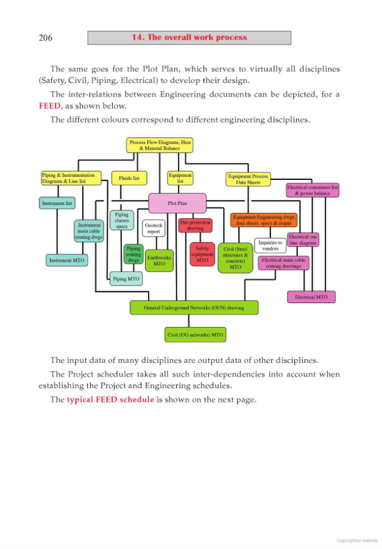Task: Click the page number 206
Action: pyautogui.click(x=45, y=38)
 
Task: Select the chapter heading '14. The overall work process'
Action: pyautogui.click(x=189, y=38)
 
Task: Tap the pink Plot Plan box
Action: pyautogui.click(x=177, y=203)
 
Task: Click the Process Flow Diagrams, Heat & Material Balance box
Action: pyautogui.click(x=160, y=145)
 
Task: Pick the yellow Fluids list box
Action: pyautogui.click(x=129, y=178)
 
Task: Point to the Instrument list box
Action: pyautogui.click(x=57, y=203)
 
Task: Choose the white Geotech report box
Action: pyautogui.click(x=154, y=228)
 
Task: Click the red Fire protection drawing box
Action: pyautogui.click(x=195, y=225)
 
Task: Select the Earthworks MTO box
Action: pyautogui.click(x=159, y=260)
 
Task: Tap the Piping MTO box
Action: pyautogui.click(x=126, y=279)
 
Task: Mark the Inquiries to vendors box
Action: pyautogui.click(x=270, y=245)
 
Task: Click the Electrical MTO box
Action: pyautogui.click(x=311, y=297)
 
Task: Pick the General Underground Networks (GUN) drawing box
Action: pyautogui.click(x=194, y=307)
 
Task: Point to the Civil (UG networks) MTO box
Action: pyautogui.click(x=195, y=335)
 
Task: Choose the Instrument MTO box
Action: pyautogui.click(x=67, y=260)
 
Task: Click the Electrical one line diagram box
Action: pyautogui.click(x=303, y=240)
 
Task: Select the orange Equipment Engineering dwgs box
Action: pyautogui.click(x=264, y=220)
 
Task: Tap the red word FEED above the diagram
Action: pyautogui.click(x=50, y=106)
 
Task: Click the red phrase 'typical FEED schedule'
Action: pyautogui.click(x=110, y=400)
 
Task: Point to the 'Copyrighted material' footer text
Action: pyautogui.click(x=357, y=540)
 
